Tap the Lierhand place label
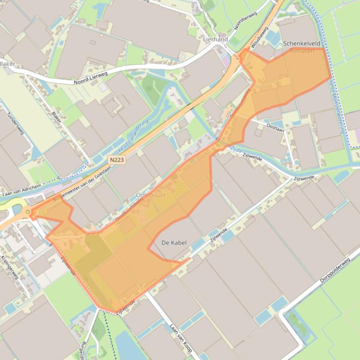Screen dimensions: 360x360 pyautogui.click(x=215, y=40)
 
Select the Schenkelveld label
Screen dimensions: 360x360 pyautogui.click(x=302, y=43)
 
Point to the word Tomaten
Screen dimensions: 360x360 pyautogui.click(x=302, y=50)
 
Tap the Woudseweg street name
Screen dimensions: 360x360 pyautogui.click(x=259, y=37)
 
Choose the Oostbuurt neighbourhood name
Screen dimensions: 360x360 pyautogui.click(x=150, y=195)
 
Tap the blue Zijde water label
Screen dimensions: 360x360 pyautogui.click(x=236, y=149)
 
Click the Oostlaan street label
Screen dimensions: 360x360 pyautogui.click(x=275, y=127)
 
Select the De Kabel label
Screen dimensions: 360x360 pyautogui.click(x=174, y=243)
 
